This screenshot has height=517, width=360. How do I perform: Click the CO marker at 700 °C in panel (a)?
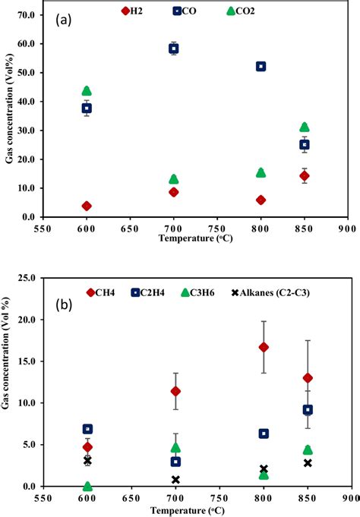pos(173,49)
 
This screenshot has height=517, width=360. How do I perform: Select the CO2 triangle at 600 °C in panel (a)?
pos(87,91)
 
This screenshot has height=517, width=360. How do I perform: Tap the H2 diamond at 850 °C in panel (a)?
pos(305,175)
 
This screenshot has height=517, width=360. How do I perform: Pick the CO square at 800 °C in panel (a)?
pos(261,67)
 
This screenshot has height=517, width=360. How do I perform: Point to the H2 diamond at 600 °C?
pos(87,206)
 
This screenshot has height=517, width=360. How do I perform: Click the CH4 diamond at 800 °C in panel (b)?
pos(264,347)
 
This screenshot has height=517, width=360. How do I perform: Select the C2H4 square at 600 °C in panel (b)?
pos(87,429)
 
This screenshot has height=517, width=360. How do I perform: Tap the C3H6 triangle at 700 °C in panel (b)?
pos(175,448)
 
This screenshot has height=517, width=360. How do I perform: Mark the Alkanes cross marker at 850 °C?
pos(307,463)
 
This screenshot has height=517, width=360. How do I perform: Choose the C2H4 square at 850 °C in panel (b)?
pos(307,410)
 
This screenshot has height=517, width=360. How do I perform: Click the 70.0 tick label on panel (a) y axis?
pos(25,14)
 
